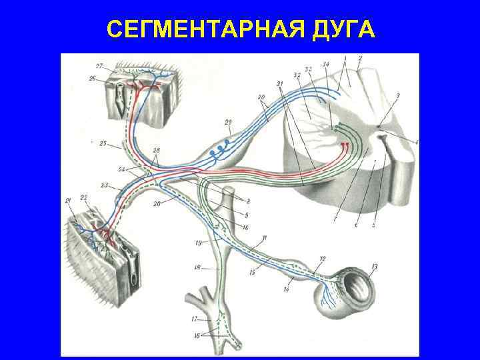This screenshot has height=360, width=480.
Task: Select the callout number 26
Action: pyautogui.click(x=92, y=79)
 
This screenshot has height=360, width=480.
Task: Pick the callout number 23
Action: pyautogui.click(x=105, y=185)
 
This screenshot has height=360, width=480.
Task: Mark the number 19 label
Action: pyautogui.click(x=199, y=243)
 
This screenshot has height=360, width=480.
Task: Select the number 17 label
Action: pyautogui.click(x=195, y=319)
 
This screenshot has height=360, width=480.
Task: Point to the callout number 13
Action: pyautogui.click(x=374, y=267)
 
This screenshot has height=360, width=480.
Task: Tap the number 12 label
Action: pyautogui.click(x=323, y=258)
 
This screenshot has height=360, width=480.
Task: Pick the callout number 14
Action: pyautogui.click(x=286, y=289)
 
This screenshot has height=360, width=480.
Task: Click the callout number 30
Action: pyautogui.click(x=262, y=97)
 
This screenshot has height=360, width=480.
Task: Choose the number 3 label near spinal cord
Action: pyautogui.click(x=398, y=97)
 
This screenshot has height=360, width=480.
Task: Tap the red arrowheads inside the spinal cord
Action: pyautogui.click(x=345, y=145)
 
